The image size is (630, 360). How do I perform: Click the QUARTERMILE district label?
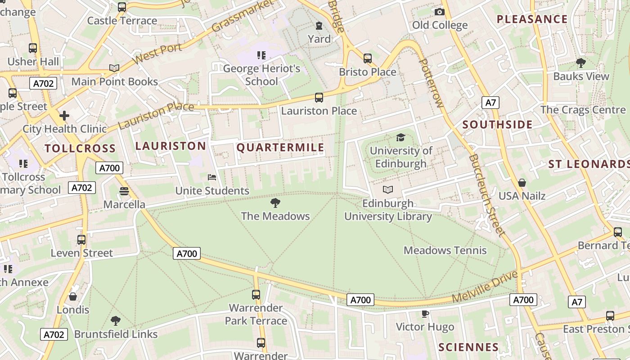click(280, 148)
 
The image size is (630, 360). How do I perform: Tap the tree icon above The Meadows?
click(275, 203)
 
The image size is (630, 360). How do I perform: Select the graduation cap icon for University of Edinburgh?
click(400, 138)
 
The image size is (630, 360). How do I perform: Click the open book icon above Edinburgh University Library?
click(388, 190)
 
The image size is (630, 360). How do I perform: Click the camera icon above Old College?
click(440, 12)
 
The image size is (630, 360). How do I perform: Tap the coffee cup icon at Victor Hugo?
click(425, 314)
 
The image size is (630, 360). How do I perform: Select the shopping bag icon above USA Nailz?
click(522, 183)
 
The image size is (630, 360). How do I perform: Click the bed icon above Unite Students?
click(212, 177)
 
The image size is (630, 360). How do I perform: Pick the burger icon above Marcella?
click(124, 191)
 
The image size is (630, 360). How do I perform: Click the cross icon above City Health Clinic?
click(64, 116)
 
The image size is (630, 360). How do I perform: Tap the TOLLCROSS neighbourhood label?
click(80, 148)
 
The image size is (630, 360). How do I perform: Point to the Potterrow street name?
click(431, 83)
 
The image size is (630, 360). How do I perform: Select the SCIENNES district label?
click(468, 347)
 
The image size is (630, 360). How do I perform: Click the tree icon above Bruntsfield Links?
click(116, 321)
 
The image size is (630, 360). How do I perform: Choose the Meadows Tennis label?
click(445, 250)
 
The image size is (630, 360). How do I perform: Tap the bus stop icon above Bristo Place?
click(368, 58)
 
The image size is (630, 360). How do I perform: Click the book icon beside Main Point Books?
click(114, 68)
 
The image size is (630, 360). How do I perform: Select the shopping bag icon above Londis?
click(73, 297)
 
